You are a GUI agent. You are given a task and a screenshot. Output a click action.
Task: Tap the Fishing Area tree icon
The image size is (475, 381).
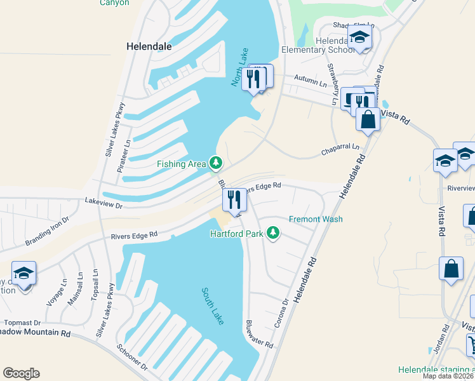(216, 164)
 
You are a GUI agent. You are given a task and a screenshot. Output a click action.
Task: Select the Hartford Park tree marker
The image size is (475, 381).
(273, 234)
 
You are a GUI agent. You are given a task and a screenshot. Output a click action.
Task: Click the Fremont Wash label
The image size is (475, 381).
(316, 220)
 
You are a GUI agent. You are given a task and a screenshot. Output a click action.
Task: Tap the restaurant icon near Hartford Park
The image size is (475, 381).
(234, 200)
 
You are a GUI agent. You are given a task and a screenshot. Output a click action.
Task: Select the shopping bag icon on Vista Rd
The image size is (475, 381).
(368, 119)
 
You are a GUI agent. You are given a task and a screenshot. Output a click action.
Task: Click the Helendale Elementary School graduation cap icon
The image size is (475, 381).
(359, 37)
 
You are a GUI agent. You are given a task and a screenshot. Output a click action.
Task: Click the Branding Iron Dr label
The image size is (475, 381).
(48, 234)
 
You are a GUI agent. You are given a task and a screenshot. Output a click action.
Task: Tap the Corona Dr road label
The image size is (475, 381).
(281, 314)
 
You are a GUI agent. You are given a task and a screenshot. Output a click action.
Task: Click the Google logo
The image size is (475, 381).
(21, 373)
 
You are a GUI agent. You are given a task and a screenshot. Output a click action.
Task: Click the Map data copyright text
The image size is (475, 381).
(448, 376)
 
